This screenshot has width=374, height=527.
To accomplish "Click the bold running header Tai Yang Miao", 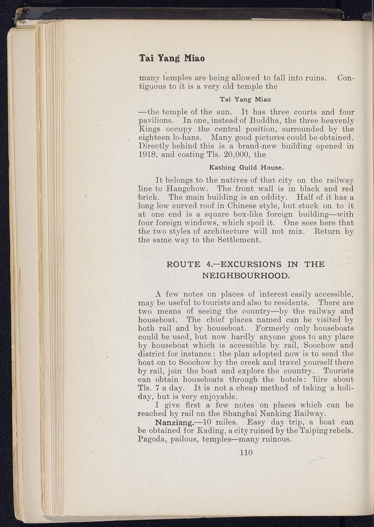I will click(172, 58).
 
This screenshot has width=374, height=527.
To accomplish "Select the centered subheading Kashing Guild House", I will click(246, 167).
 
